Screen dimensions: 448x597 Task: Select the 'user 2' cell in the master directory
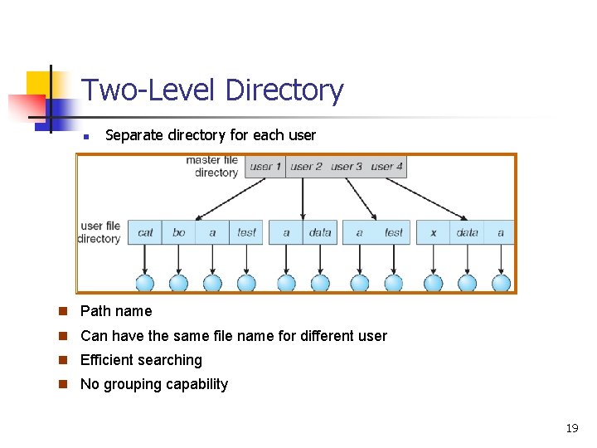[x=306, y=167]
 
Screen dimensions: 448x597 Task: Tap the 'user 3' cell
[x=347, y=167]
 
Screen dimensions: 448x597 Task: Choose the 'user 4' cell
[x=386, y=167]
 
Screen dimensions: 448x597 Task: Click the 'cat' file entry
[x=145, y=232]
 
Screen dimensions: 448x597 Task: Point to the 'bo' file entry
[x=179, y=232]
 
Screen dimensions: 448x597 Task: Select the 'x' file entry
[x=433, y=232]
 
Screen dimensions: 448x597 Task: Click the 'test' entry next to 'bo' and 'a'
[x=246, y=232]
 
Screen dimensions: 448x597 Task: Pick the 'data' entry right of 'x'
[x=468, y=232]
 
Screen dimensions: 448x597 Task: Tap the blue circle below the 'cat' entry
[x=145, y=284]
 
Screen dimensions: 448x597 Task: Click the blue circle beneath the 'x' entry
[x=433, y=284]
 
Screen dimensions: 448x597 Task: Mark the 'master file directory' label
[x=212, y=166]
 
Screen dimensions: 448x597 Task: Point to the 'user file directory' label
[x=100, y=232]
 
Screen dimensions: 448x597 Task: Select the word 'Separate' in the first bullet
[x=132, y=134]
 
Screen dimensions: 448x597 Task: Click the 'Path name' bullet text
[x=116, y=311]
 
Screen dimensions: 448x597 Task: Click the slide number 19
[x=571, y=428]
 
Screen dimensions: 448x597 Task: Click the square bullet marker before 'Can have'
[x=63, y=336]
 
